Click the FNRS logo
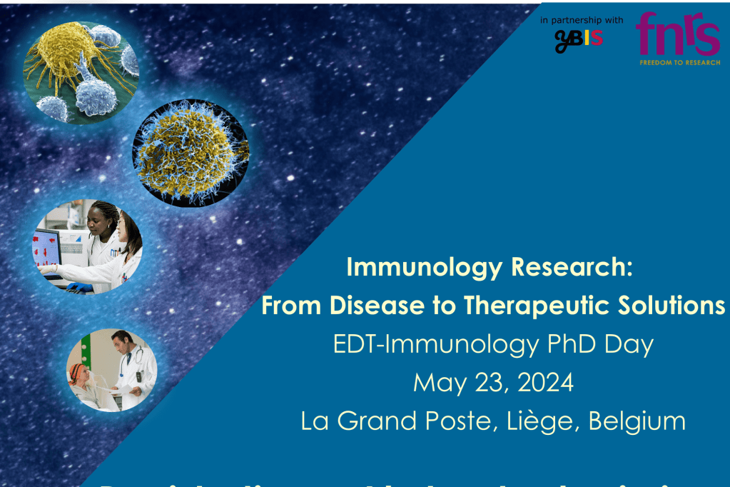pos(678,34)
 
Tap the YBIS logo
pos(579,40)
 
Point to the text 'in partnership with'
pos(582,19)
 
